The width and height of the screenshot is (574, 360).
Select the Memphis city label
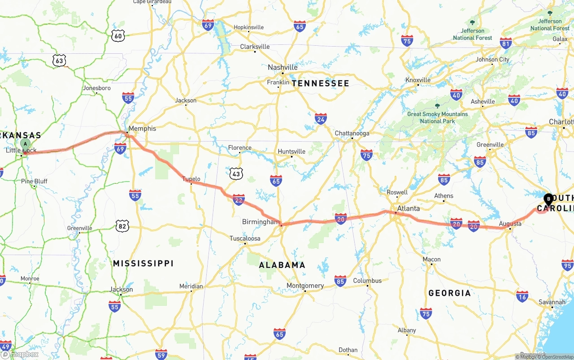pos(142,128)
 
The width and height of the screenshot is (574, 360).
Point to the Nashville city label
pos(283,67)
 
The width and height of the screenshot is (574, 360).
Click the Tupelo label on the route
pos(191,179)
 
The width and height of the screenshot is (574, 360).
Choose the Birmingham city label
pos(261,222)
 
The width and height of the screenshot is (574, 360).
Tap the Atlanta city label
pos(408,208)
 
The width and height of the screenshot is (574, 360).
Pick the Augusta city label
pos(510,223)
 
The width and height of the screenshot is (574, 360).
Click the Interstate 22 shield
pos(239,200)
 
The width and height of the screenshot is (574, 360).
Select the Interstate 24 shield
pos(321,119)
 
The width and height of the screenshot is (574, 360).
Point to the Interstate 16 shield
pos(522,296)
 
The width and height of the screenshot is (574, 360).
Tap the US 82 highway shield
pos(122,226)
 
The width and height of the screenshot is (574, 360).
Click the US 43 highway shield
pos(236,173)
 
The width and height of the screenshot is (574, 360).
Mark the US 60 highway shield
pos(117,36)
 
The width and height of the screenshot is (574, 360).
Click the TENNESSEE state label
pos(320,83)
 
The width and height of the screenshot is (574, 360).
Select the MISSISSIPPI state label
pos(143,263)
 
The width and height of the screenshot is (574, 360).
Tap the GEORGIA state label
pos(449,293)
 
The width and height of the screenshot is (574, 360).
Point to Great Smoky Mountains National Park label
pos(437,117)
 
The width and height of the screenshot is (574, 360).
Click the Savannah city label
pos(552,302)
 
